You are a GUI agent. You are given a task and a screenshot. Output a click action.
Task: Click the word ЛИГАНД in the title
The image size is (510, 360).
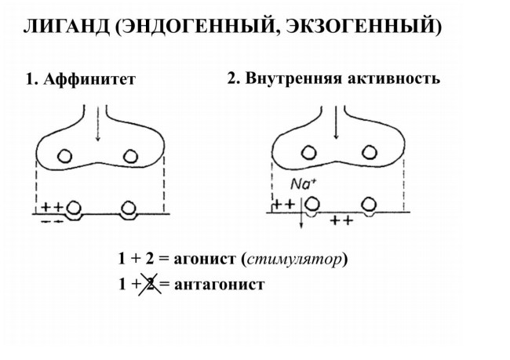(x=67, y=26)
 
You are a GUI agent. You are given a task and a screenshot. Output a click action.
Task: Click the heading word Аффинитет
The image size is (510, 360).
(x=89, y=79)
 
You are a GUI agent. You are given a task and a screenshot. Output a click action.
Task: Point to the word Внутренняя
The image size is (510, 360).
(x=294, y=78)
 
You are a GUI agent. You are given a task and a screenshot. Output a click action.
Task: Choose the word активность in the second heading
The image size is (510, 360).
(x=394, y=78)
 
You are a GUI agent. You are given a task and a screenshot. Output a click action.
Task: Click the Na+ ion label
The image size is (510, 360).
(x=303, y=184)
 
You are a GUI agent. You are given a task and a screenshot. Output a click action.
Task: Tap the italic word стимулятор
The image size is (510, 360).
(x=294, y=260)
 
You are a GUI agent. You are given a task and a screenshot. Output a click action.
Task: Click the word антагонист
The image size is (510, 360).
(x=220, y=284)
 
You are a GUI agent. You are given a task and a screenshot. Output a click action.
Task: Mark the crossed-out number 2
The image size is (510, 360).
(x=150, y=284)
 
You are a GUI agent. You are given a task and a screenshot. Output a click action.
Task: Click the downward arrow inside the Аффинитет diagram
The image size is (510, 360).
(x=97, y=124)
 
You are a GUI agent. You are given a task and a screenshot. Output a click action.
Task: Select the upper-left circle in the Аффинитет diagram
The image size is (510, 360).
(x=64, y=156)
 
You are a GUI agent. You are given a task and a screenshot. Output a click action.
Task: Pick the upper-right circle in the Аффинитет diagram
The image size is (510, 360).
(x=130, y=156)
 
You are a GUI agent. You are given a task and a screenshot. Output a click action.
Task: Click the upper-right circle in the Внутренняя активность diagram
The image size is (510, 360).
(x=370, y=152)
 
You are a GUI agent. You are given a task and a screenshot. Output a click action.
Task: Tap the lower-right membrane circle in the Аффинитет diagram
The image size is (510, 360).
(x=129, y=208)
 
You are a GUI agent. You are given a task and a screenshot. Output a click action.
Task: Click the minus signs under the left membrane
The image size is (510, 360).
(x=52, y=221)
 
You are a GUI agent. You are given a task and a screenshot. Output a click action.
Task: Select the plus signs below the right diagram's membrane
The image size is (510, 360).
(x=341, y=221)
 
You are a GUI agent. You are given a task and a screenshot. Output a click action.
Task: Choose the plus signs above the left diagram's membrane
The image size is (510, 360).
(x=53, y=207)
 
